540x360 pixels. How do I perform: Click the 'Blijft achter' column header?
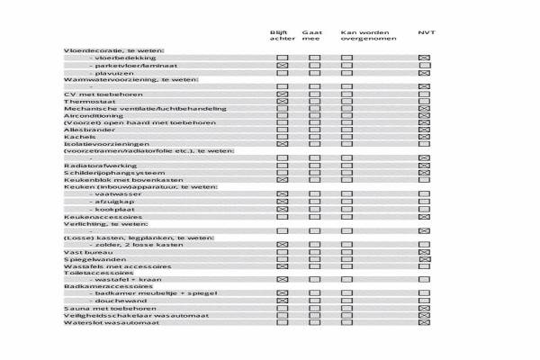point(281,35)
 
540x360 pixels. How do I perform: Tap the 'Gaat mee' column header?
point(312,35)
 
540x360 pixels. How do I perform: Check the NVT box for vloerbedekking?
point(425,58)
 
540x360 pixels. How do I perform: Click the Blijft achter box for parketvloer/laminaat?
point(282,66)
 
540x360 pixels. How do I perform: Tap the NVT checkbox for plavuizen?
point(425,73)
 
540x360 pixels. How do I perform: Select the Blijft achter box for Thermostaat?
point(282,102)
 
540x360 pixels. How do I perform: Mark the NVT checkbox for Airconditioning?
point(425,115)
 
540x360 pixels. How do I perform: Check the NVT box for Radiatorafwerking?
point(425,166)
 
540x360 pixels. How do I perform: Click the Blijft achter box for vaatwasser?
point(282,194)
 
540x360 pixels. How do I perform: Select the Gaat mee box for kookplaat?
point(314,209)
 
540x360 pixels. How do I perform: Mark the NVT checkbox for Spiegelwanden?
point(425,259)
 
